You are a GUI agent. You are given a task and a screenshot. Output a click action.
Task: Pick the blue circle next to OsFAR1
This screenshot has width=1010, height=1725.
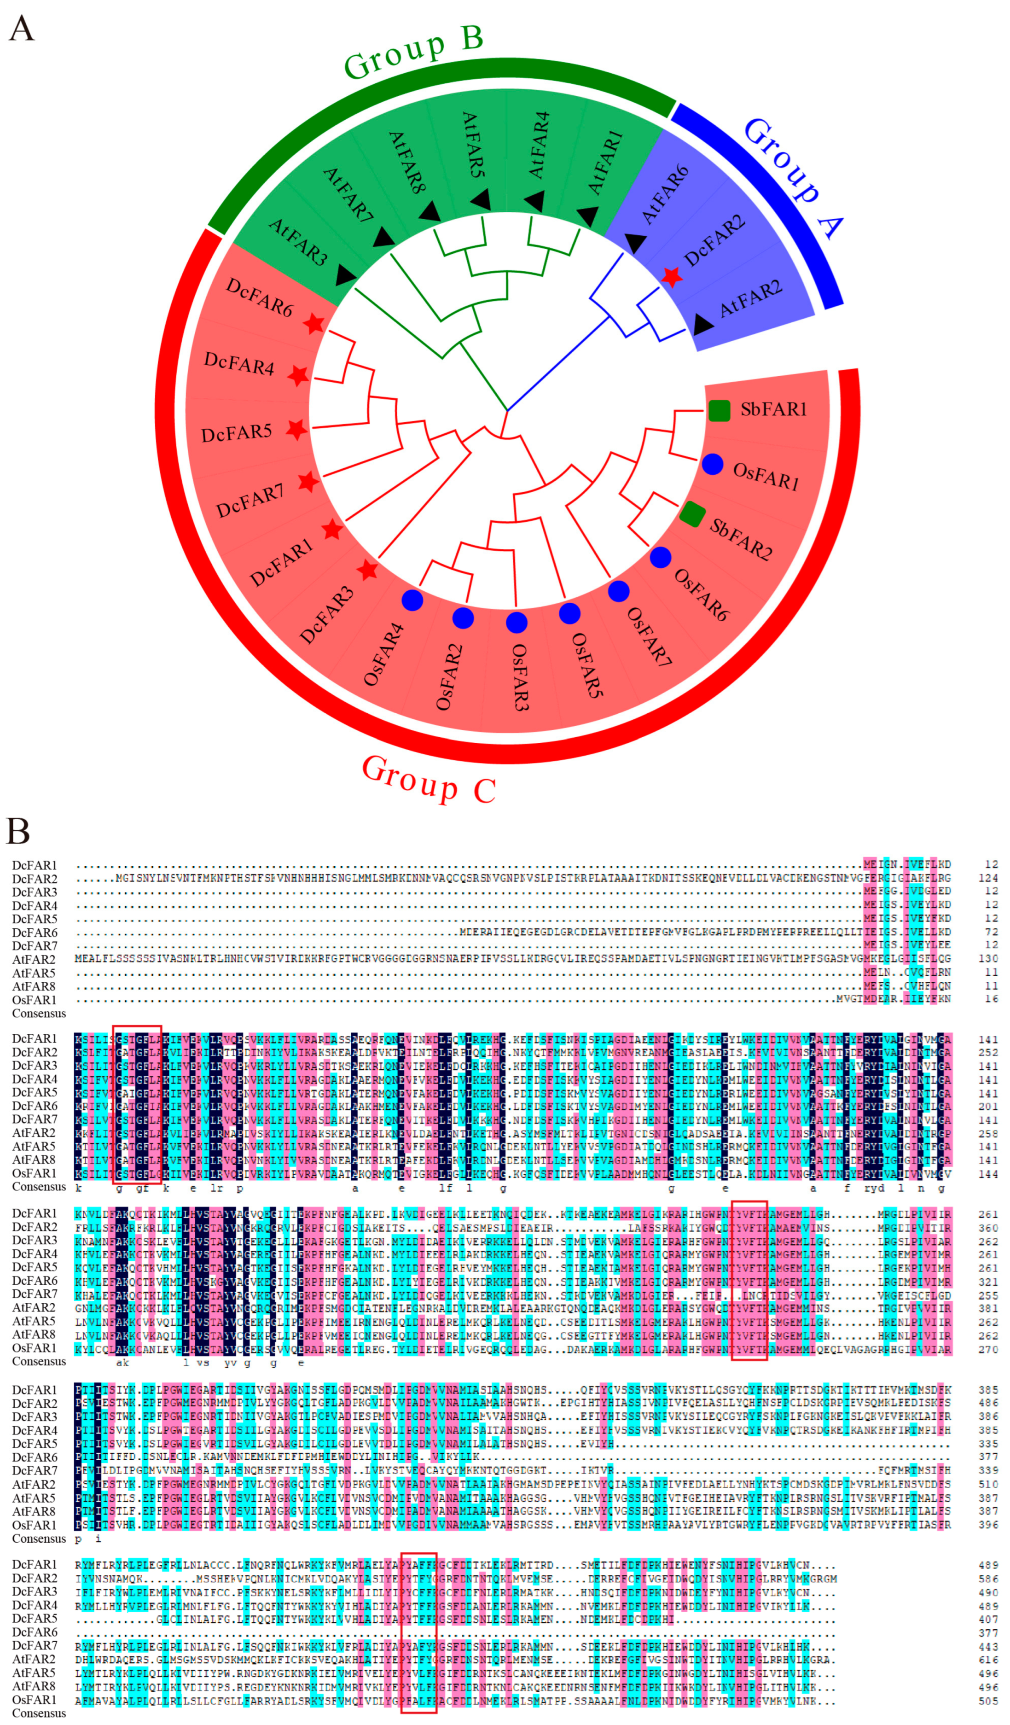[x=712, y=464]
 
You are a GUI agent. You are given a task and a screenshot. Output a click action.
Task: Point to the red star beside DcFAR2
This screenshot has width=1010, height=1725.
[x=672, y=277]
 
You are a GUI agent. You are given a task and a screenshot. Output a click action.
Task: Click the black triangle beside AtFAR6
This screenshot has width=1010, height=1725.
[x=636, y=242]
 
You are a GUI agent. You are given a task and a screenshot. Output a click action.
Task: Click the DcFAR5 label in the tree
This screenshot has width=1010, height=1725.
[x=236, y=432]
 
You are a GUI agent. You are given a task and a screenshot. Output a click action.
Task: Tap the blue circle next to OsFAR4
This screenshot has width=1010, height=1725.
[x=412, y=600]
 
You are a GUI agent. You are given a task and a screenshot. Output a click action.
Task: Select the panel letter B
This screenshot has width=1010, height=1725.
[x=18, y=832]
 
